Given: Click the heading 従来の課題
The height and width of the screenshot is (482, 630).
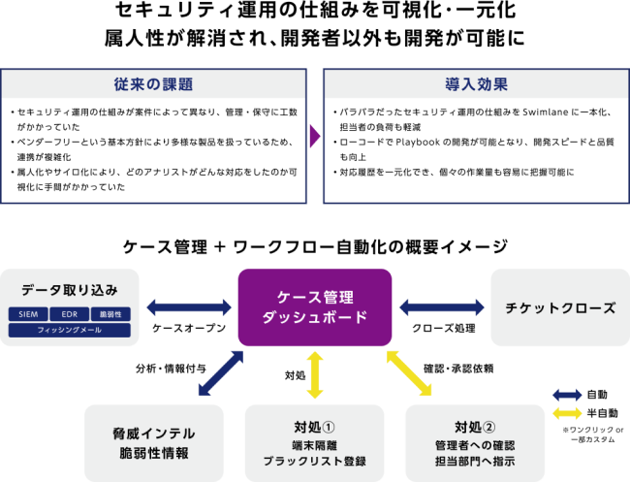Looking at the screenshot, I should click(153, 84).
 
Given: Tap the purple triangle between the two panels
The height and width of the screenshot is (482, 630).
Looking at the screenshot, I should click(314, 137).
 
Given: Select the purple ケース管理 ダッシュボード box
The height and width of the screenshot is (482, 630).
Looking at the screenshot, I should click(314, 307).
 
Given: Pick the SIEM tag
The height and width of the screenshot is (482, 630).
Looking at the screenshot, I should click(27, 315).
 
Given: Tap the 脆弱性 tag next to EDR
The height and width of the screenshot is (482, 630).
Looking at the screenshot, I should click(110, 315).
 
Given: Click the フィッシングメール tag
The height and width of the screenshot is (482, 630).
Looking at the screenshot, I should click(69, 331).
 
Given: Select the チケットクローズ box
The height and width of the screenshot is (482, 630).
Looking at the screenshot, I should click(560, 308).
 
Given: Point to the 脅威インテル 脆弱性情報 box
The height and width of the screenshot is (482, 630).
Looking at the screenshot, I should click(153, 443).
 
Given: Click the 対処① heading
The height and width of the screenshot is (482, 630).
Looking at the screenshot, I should click(314, 427).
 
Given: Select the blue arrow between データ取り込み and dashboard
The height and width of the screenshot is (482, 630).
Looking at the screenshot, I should click(189, 307).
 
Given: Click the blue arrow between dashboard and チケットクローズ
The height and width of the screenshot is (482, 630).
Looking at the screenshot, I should click(442, 307).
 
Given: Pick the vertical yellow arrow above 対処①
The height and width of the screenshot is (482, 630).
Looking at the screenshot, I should click(314, 374).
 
